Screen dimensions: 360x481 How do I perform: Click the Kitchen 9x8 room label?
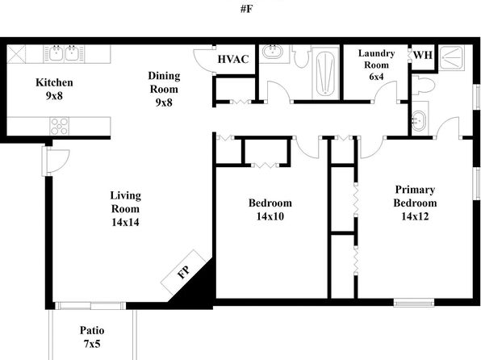click(55, 89)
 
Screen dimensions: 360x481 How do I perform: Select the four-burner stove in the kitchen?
click(61, 125)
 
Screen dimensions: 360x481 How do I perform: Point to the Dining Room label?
click(164, 89)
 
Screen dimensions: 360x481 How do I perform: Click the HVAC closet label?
click(234, 60)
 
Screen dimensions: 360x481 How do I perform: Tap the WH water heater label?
click(423, 55)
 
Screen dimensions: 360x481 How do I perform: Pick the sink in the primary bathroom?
click(419, 122)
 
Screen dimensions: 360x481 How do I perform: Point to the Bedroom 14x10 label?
click(270, 209)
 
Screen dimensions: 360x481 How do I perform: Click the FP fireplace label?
click(183, 273)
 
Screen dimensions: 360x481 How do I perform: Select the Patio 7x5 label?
click(91, 337)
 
